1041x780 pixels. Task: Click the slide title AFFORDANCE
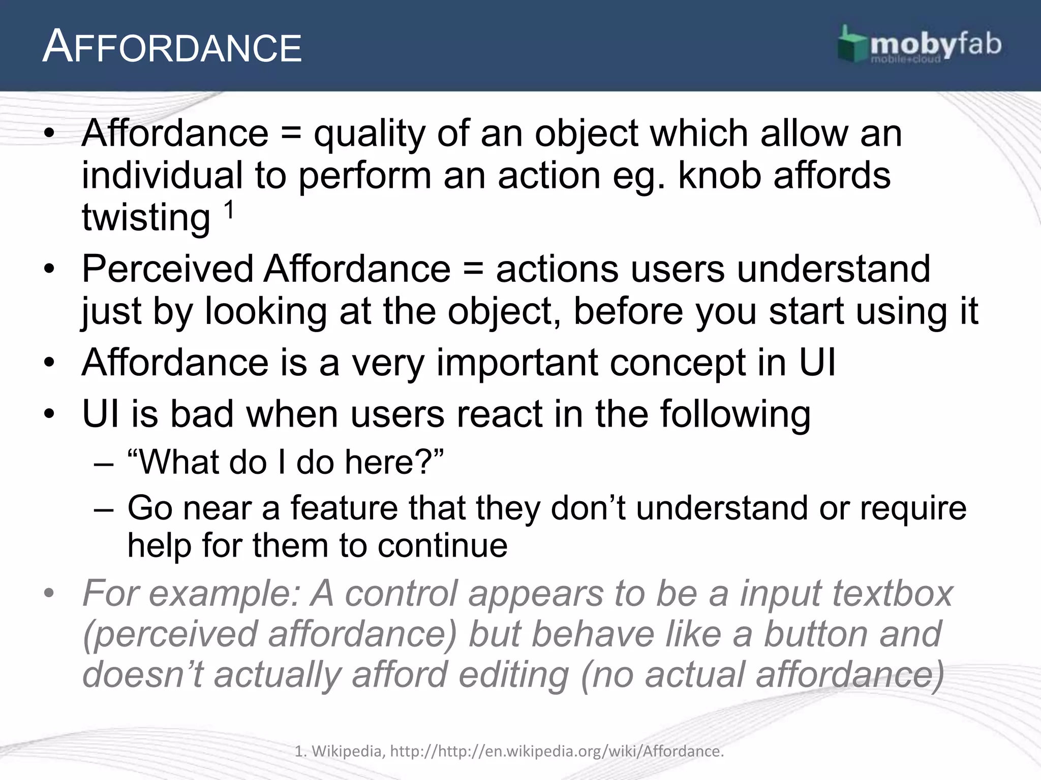coord(172,48)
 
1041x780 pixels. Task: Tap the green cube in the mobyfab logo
coord(852,46)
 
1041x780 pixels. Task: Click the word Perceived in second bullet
coord(167,269)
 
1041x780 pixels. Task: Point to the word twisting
coord(146,217)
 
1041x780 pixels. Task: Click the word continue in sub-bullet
coord(442,545)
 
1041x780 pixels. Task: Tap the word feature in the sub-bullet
coord(344,507)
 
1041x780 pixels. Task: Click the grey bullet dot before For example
coord(49,593)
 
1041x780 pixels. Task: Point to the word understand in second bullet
coord(833,269)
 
